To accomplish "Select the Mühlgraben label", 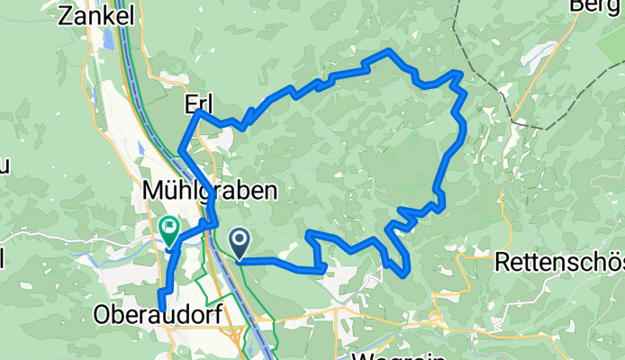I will (209, 191).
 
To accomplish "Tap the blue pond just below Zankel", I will (109, 40).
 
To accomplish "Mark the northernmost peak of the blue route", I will (388, 50).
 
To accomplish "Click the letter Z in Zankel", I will (64, 15).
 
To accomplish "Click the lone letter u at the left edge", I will (3, 166).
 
